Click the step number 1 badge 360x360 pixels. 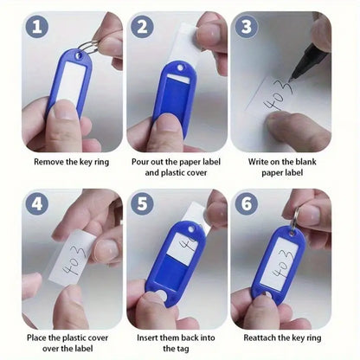[x=36, y=27]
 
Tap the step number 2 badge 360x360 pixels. [x=142, y=27]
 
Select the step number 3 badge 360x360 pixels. [x=246, y=27]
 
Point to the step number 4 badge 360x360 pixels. [x=36, y=204]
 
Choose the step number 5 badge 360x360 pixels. [x=142, y=204]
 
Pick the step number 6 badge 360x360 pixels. [x=246, y=204]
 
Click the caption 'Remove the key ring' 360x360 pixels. [x=72, y=162]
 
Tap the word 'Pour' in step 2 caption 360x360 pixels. [x=140, y=162]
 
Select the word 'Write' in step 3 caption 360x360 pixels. [x=257, y=162]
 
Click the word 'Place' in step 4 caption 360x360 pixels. [x=37, y=337]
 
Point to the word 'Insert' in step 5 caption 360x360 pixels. [x=147, y=337]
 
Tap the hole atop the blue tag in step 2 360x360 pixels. [x=180, y=68]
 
